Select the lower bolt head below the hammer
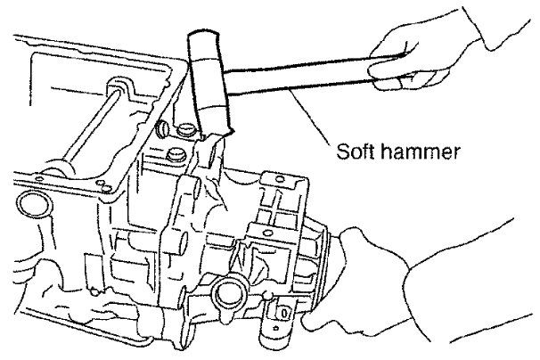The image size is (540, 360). [176, 159]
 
